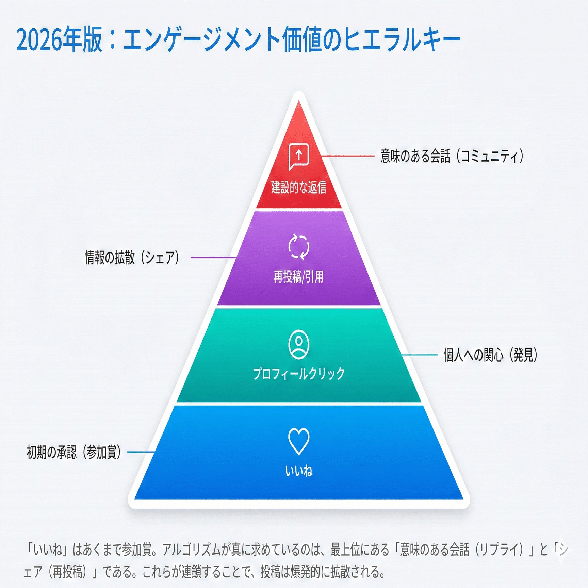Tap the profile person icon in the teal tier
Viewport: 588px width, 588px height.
pyautogui.click(x=298, y=344)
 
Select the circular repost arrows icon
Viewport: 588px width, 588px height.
pyautogui.click(x=298, y=247)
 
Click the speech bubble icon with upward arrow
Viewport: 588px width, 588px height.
pyautogui.click(x=298, y=156)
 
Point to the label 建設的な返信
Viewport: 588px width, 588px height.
pyautogui.click(x=298, y=187)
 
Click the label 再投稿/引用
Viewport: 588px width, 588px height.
pyautogui.click(x=298, y=277)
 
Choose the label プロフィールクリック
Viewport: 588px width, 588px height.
pyautogui.click(x=298, y=374)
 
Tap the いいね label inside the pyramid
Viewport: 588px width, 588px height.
pyautogui.click(x=298, y=471)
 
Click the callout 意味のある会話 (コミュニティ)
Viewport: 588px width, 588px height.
pyautogui.click(x=452, y=156)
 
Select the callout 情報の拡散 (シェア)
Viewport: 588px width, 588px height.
pyautogui.click(x=132, y=257)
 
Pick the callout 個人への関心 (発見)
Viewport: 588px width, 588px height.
pyautogui.click(x=490, y=355)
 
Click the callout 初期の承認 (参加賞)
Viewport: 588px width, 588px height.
pyautogui.click(x=74, y=452)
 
